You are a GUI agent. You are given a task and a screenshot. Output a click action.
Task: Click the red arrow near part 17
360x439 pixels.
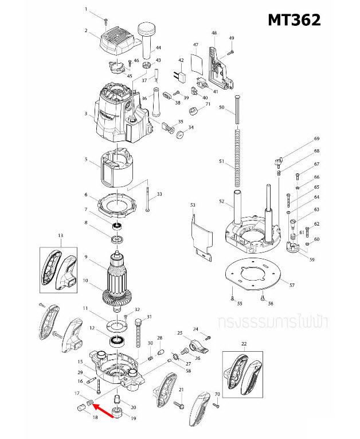(103, 410)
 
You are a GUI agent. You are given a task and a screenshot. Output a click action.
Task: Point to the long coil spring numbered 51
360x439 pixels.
(236, 155)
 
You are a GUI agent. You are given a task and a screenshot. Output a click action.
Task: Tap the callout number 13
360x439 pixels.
(60, 235)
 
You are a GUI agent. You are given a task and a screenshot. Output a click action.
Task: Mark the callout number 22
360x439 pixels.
(243, 344)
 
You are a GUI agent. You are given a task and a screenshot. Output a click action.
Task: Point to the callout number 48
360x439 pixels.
(214, 33)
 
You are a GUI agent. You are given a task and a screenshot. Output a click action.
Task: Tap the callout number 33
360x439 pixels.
(159, 195)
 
